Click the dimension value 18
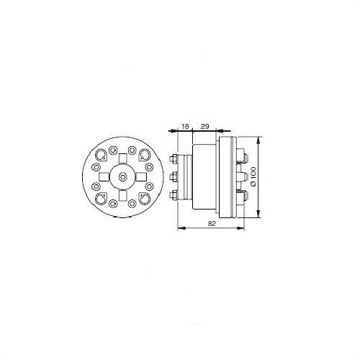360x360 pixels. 185,126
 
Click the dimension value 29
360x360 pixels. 204,126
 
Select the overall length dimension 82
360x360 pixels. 212,224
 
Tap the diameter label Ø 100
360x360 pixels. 253,176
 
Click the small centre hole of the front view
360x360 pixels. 122,177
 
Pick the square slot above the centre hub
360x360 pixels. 123,158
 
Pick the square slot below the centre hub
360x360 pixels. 123,196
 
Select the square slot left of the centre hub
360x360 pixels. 104,177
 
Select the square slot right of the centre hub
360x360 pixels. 142,177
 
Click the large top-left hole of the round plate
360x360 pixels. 100,155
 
